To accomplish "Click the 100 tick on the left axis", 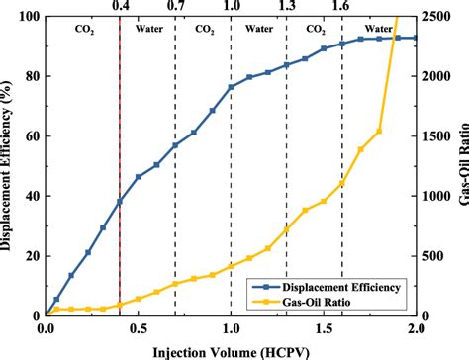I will (29, 18).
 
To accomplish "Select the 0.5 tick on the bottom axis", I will (138, 327).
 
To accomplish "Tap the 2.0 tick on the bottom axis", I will (416, 327).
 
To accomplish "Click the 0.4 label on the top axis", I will (120, 7).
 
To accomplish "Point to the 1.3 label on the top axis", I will (287, 7).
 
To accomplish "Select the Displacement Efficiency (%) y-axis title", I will (9, 166).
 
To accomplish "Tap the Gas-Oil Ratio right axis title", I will (460, 166).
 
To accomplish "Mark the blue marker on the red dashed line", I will (120, 202).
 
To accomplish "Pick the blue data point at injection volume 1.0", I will (231, 87).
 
